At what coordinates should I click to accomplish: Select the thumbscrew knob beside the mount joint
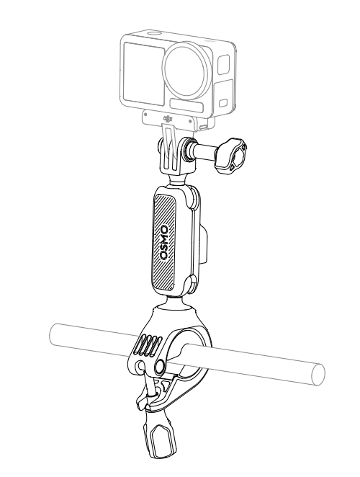pos(231,156)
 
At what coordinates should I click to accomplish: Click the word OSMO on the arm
pos(164,242)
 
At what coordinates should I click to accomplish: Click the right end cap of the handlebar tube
pos(318,374)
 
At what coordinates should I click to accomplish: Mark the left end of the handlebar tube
pos(53,334)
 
